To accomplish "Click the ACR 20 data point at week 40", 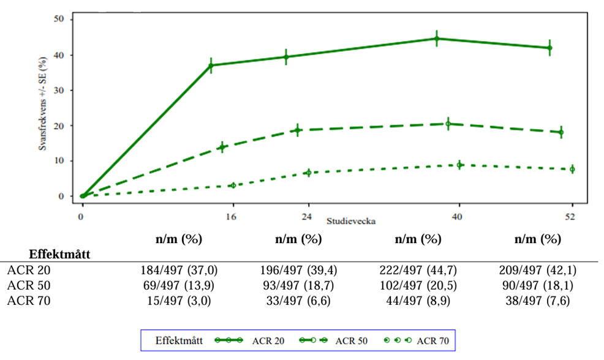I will [x=437, y=39].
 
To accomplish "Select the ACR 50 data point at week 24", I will [x=298, y=130].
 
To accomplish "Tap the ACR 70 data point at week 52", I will [x=572, y=169].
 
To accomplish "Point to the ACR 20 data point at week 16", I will [x=211, y=65].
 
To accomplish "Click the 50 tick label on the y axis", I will [x=60, y=20].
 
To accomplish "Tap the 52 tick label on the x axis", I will [x=572, y=216].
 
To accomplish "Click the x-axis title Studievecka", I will [x=350, y=219].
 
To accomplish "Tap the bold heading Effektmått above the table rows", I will [x=60, y=254].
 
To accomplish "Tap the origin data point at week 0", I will [x=82, y=196].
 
